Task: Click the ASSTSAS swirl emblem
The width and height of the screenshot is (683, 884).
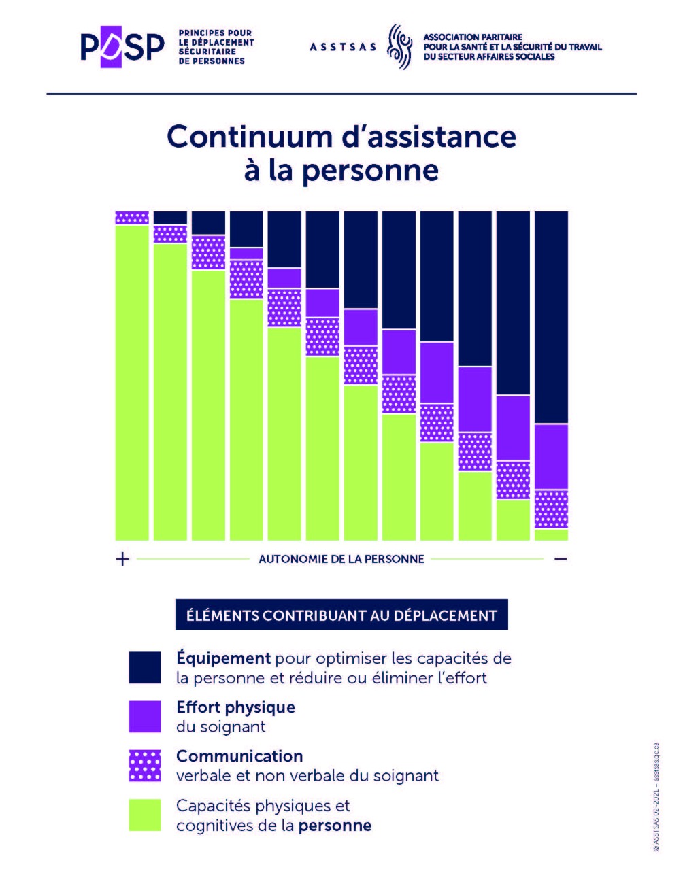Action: pos(400,47)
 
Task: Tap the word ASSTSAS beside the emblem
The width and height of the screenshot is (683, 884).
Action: pos(342,47)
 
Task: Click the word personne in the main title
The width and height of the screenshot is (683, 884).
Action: pos(370,170)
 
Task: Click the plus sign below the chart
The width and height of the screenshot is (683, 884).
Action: pos(122,559)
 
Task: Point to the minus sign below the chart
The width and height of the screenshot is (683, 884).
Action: pos(561,559)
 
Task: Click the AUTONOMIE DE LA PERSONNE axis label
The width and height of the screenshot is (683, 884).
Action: pos(341,559)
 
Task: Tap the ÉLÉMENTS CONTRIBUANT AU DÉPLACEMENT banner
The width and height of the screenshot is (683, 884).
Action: pos(341,615)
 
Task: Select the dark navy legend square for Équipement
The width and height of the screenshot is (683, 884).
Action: pos(145,667)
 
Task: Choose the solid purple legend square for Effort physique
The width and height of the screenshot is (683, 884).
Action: pos(145,717)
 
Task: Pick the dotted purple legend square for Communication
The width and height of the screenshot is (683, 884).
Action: pos(145,766)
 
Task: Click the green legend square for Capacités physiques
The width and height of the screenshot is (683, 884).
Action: pos(145,815)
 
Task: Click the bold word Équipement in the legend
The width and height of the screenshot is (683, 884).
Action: pos(223,658)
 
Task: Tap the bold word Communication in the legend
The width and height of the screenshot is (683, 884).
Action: pos(239,756)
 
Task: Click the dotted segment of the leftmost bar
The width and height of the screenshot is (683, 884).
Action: pos(132,218)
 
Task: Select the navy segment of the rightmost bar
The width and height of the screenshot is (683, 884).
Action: pos(551,316)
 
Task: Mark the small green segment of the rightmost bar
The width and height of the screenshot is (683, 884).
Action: pos(551,534)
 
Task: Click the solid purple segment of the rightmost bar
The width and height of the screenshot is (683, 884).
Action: pos(551,457)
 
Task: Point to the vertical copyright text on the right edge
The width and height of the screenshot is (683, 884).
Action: pos(656,796)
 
